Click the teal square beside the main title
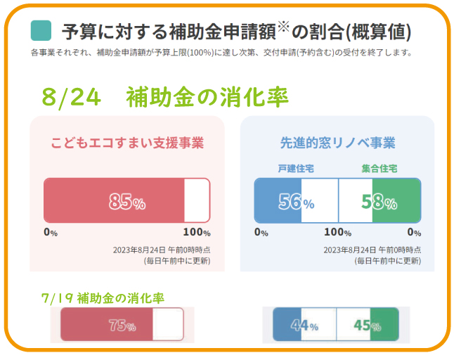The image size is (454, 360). (41, 30)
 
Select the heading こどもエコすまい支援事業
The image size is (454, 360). (127, 143)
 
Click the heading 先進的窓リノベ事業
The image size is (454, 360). (337, 143)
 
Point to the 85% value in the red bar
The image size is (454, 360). (127, 202)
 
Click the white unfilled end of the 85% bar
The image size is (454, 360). (197, 200)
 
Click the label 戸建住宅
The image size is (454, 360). (295, 169)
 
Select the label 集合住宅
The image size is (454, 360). (380, 169)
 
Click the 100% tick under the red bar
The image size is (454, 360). (196, 232)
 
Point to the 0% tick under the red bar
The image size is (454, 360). (51, 232)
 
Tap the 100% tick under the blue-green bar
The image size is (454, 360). (337, 232)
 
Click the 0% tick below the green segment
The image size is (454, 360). (414, 232)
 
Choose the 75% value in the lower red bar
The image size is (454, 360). (122, 326)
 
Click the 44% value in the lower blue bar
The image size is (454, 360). (304, 326)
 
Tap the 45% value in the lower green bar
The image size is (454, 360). (367, 326)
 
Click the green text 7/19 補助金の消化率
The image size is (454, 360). (103, 297)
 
